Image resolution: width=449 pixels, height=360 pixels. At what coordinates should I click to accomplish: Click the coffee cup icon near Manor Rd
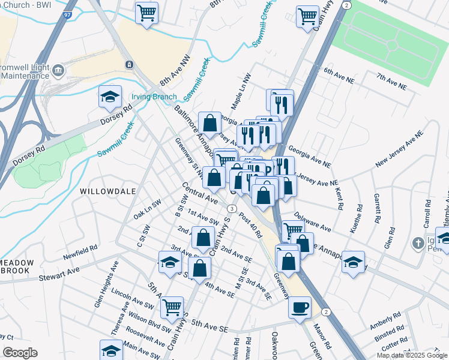(300, 307)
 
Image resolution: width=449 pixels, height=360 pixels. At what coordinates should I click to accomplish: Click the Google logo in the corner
(19, 353)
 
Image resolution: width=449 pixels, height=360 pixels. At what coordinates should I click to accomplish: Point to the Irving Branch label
(154, 97)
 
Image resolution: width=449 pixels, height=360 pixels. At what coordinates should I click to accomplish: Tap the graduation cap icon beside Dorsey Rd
(110, 97)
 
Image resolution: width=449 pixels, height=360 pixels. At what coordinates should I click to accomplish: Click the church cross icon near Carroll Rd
(419, 244)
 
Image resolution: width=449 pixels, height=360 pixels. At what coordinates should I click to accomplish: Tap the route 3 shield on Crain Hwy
(231, 208)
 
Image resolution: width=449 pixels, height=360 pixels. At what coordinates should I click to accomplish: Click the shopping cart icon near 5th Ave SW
(172, 307)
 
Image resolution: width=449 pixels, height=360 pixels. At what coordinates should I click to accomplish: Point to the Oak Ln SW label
(147, 208)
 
